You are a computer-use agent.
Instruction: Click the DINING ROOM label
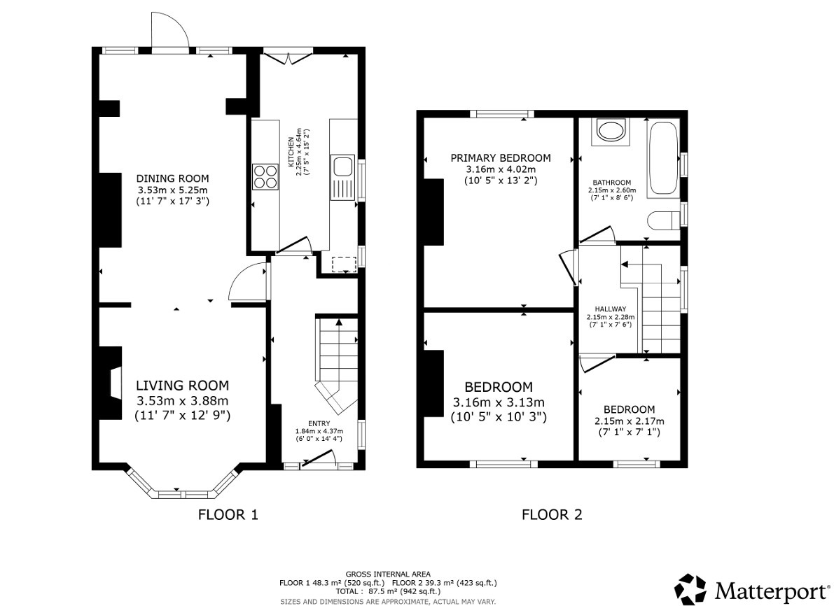172,178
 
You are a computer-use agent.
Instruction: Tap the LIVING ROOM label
182,386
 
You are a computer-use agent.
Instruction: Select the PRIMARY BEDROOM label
500,158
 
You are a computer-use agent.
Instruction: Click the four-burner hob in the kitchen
264,176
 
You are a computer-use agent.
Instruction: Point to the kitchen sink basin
343,167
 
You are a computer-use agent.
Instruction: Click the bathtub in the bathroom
662,159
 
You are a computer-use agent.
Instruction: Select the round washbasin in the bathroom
609,131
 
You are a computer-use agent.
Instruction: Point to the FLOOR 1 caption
228,516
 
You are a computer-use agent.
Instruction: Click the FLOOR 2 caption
552,516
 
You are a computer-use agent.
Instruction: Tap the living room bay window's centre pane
169,494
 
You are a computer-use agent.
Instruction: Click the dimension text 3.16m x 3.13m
499,402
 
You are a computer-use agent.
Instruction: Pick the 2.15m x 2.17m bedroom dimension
629,421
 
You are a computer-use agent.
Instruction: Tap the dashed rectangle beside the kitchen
343,264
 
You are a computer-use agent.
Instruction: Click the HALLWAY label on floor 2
610,309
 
